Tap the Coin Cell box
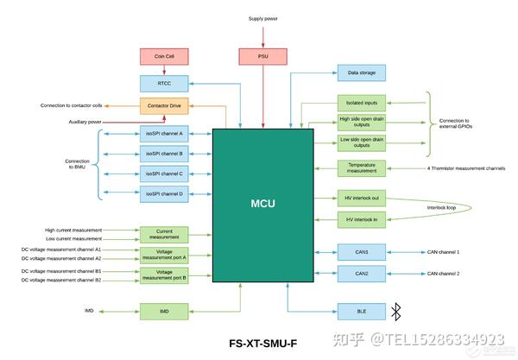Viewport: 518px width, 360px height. point(163,57)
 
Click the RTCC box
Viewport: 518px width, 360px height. point(163,84)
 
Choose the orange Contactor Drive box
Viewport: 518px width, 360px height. point(163,107)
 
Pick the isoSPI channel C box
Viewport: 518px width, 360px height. point(163,174)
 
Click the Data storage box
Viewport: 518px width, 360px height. point(360,74)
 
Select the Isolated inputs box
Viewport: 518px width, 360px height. point(361,102)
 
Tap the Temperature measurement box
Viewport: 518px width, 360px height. point(361,168)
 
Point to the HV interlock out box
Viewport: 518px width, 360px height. point(361,198)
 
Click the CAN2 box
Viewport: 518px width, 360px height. point(361,273)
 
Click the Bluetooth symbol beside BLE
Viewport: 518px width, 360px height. point(396,309)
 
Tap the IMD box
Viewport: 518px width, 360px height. point(163,309)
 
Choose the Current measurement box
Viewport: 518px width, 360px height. point(163,233)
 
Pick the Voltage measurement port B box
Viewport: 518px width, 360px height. point(163,275)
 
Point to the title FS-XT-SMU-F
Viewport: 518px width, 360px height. point(263,344)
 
